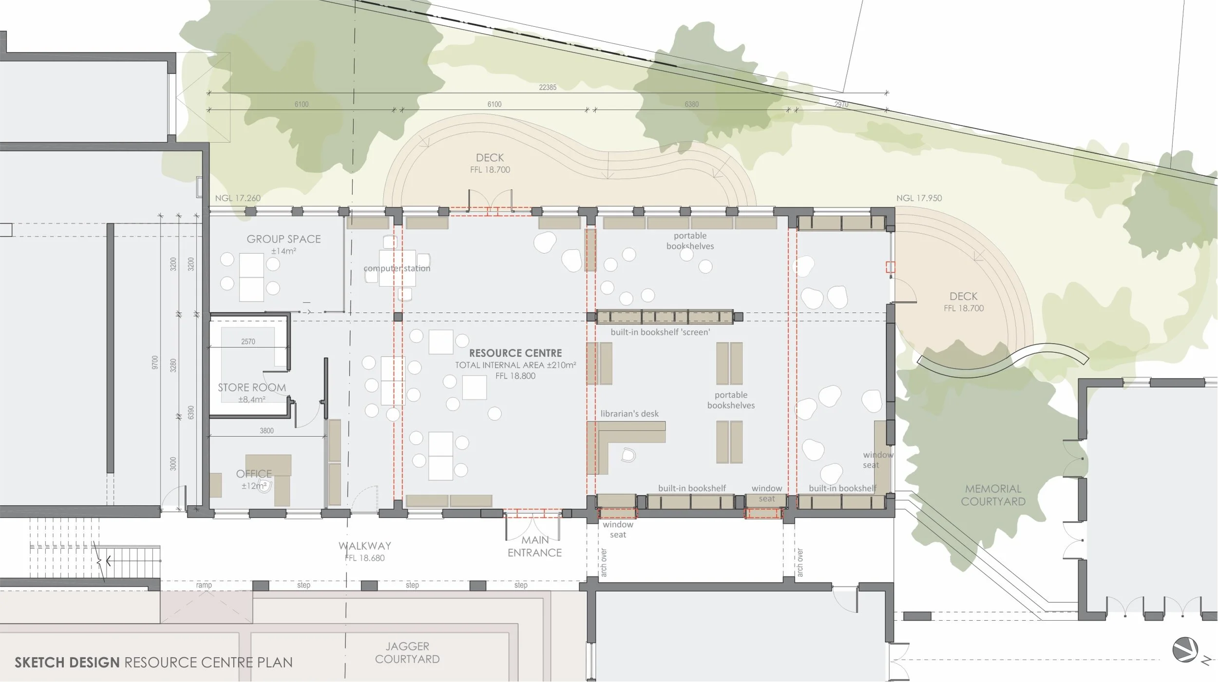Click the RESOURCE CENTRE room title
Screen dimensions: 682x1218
(515, 353)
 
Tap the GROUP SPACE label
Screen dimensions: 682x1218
(284, 239)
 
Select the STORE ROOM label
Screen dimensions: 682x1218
(251, 388)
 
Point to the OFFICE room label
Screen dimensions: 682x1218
(254, 474)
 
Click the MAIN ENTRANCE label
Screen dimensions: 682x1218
(534, 547)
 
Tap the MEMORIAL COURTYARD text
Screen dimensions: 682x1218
(993, 495)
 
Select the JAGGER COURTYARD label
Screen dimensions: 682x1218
(407, 653)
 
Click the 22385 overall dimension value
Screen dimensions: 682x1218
(548, 88)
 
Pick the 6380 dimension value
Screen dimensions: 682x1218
(691, 104)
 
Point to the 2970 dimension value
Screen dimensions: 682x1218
(841, 104)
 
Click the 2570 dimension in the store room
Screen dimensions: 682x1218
(248, 342)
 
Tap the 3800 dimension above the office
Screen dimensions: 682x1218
(266, 431)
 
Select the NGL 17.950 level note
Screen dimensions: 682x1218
(919, 198)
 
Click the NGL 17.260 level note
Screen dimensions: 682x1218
(238, 198)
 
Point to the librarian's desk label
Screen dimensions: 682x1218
(629, 414)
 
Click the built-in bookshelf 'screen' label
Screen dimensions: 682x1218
(660, 332)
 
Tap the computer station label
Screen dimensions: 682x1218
(397, 268)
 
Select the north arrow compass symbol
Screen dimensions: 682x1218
(1185, 650)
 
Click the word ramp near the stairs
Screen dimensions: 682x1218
(204, 585)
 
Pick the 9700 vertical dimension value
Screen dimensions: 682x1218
(155, 362)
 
